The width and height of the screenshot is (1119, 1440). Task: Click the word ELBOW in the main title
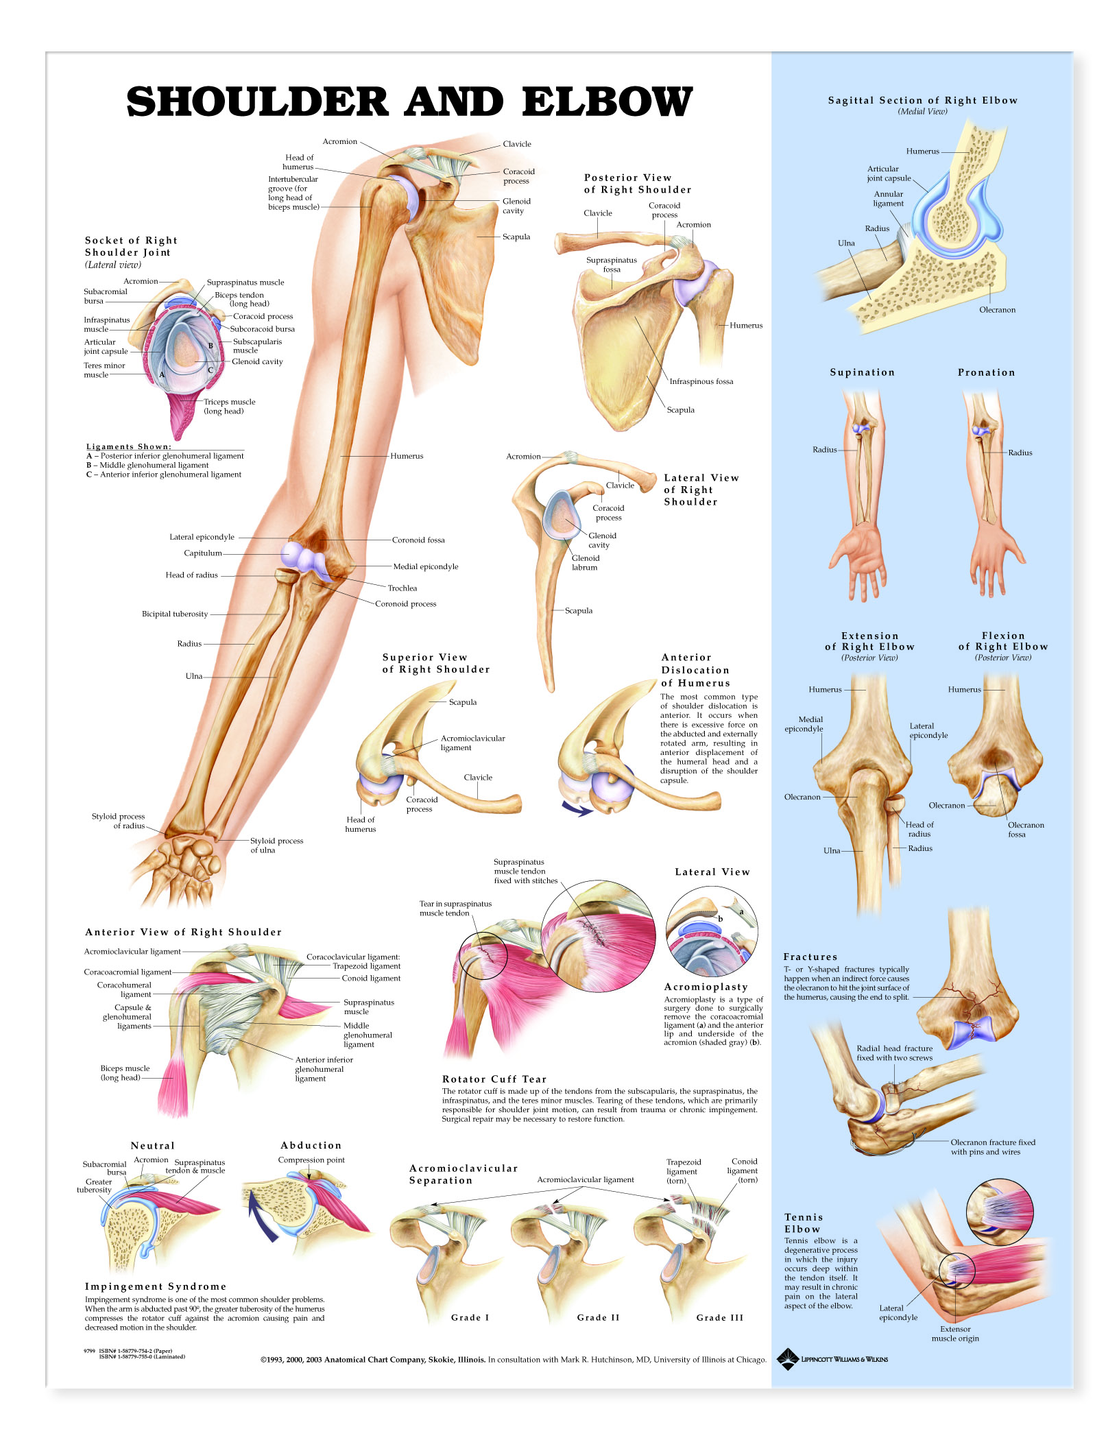click(607, 101)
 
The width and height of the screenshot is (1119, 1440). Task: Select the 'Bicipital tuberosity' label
click(175, 614)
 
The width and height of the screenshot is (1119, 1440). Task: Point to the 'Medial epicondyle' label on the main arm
click(426, 566)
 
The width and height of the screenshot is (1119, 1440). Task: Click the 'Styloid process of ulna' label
click(276, 845)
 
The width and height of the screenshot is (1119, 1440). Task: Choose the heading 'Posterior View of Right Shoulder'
click(638, 184)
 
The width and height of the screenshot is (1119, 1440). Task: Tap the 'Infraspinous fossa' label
click(701, 381)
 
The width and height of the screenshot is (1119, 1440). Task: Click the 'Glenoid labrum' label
click(586, 562)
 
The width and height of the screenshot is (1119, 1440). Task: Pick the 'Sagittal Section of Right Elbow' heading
click(923, 100)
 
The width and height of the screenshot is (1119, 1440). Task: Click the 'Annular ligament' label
click(889, 199)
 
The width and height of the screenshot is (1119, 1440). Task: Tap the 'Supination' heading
click(863, 372)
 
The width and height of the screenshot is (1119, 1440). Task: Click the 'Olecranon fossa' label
click(1026, 830)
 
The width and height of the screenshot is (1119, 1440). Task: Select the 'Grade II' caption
click(598, 1318)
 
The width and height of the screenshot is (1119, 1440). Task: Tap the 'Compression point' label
click(311, 1160)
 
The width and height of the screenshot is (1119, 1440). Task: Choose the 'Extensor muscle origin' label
click(955, 1334)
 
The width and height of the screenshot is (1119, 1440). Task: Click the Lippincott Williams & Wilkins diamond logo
click(789, 1359)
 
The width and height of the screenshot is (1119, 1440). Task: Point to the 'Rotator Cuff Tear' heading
click(494, 1079)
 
